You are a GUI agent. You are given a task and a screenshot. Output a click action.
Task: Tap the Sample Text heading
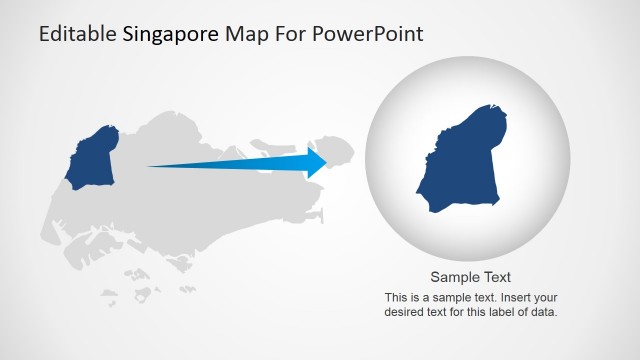pos(470,277)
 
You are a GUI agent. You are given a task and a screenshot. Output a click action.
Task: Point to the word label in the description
pos(497,311)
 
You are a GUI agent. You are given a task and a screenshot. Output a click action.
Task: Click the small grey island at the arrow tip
pos(339,151)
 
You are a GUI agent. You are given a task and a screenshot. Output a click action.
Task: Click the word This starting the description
pos(396,297)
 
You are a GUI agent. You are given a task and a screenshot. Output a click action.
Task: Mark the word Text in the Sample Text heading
pos(494,277)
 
